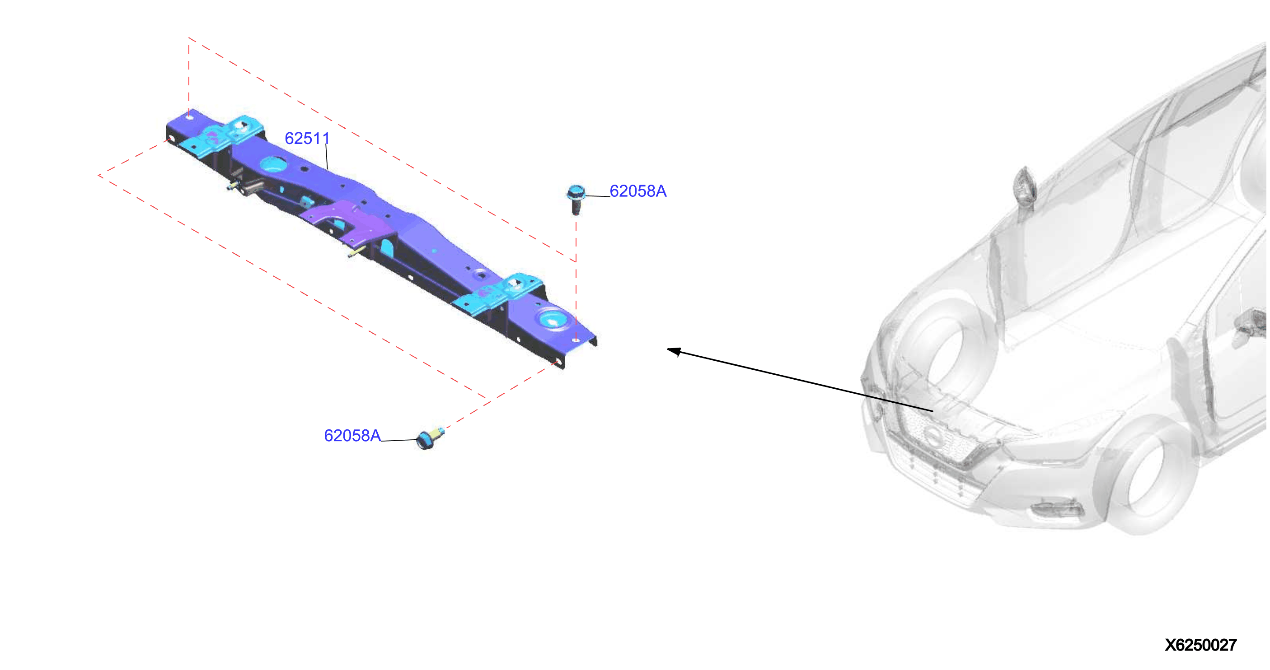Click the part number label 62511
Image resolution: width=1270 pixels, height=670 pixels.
click(307, 139)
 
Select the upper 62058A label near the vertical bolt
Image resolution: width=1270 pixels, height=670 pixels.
click(638, 191)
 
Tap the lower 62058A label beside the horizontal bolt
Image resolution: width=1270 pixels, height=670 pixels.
click(352, 436)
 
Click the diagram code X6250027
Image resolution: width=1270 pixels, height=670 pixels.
click(1200, 645)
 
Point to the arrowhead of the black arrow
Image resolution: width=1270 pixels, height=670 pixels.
click(674, 351)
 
